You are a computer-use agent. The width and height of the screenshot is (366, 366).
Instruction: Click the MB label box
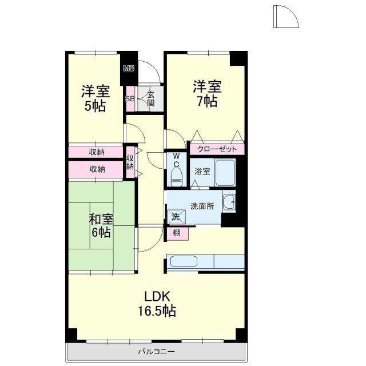[129, 70]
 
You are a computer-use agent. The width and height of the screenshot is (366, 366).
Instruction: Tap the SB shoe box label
[130, 98]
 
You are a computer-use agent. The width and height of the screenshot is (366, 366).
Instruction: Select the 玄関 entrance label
[150, 98]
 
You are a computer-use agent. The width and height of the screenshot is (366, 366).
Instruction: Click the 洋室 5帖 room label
[95, 98]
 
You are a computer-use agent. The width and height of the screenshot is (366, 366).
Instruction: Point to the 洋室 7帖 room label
[206, 94]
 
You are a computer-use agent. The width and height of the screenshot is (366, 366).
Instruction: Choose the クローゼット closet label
[217, 149]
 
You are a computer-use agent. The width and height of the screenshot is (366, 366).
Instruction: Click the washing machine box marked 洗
[176, 216]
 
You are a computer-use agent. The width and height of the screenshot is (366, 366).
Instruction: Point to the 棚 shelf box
[176, 233]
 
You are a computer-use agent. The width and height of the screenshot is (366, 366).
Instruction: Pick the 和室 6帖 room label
[101, 225]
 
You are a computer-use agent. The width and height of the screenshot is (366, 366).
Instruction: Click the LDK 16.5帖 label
[156, 304]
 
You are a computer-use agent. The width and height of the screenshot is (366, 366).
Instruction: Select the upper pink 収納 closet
[96, 152]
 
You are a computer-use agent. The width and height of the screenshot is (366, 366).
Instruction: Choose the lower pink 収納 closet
[96, 169]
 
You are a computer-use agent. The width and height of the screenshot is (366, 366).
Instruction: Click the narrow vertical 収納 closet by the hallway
[130, 162]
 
